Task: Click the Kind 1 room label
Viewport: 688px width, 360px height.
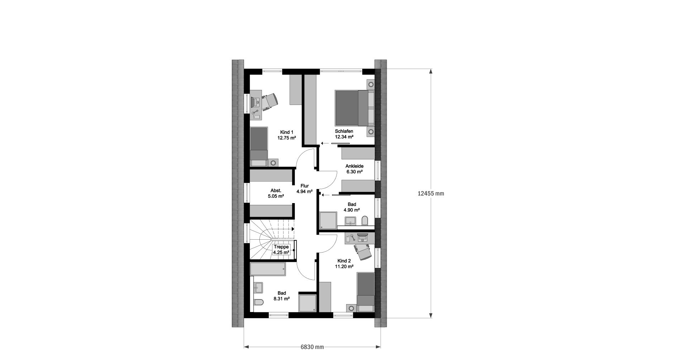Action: (x=286, y=135)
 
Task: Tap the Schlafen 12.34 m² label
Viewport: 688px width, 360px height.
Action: (x=344, y=134)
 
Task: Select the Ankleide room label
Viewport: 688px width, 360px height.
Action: (x=354, y=169)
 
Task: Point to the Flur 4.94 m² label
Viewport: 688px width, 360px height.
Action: (x=305, y=189)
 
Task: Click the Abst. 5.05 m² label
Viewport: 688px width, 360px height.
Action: (x=276, y=193)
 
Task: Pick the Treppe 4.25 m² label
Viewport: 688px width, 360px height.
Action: (x=281, y=250)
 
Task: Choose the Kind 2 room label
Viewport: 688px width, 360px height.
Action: (x=344, y=264)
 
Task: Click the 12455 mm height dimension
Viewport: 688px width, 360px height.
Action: (x=431, y=193)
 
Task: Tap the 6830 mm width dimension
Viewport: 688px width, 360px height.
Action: (x=312, y=347)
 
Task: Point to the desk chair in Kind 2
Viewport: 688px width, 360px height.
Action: (x=363, y=251)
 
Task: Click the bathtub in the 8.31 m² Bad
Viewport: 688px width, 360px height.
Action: (x=268, y=269)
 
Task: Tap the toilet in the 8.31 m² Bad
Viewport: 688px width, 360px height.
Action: (x=259, y=302)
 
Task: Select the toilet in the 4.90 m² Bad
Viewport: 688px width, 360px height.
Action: (x=365, y=220)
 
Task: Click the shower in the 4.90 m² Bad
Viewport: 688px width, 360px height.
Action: (x=328, y=220)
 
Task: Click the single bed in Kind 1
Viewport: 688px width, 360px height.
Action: (x=259, y=147)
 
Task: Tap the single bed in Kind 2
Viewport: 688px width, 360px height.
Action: (x=365, y=292)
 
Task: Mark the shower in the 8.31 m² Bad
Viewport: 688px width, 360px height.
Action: (x=308, y=303)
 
